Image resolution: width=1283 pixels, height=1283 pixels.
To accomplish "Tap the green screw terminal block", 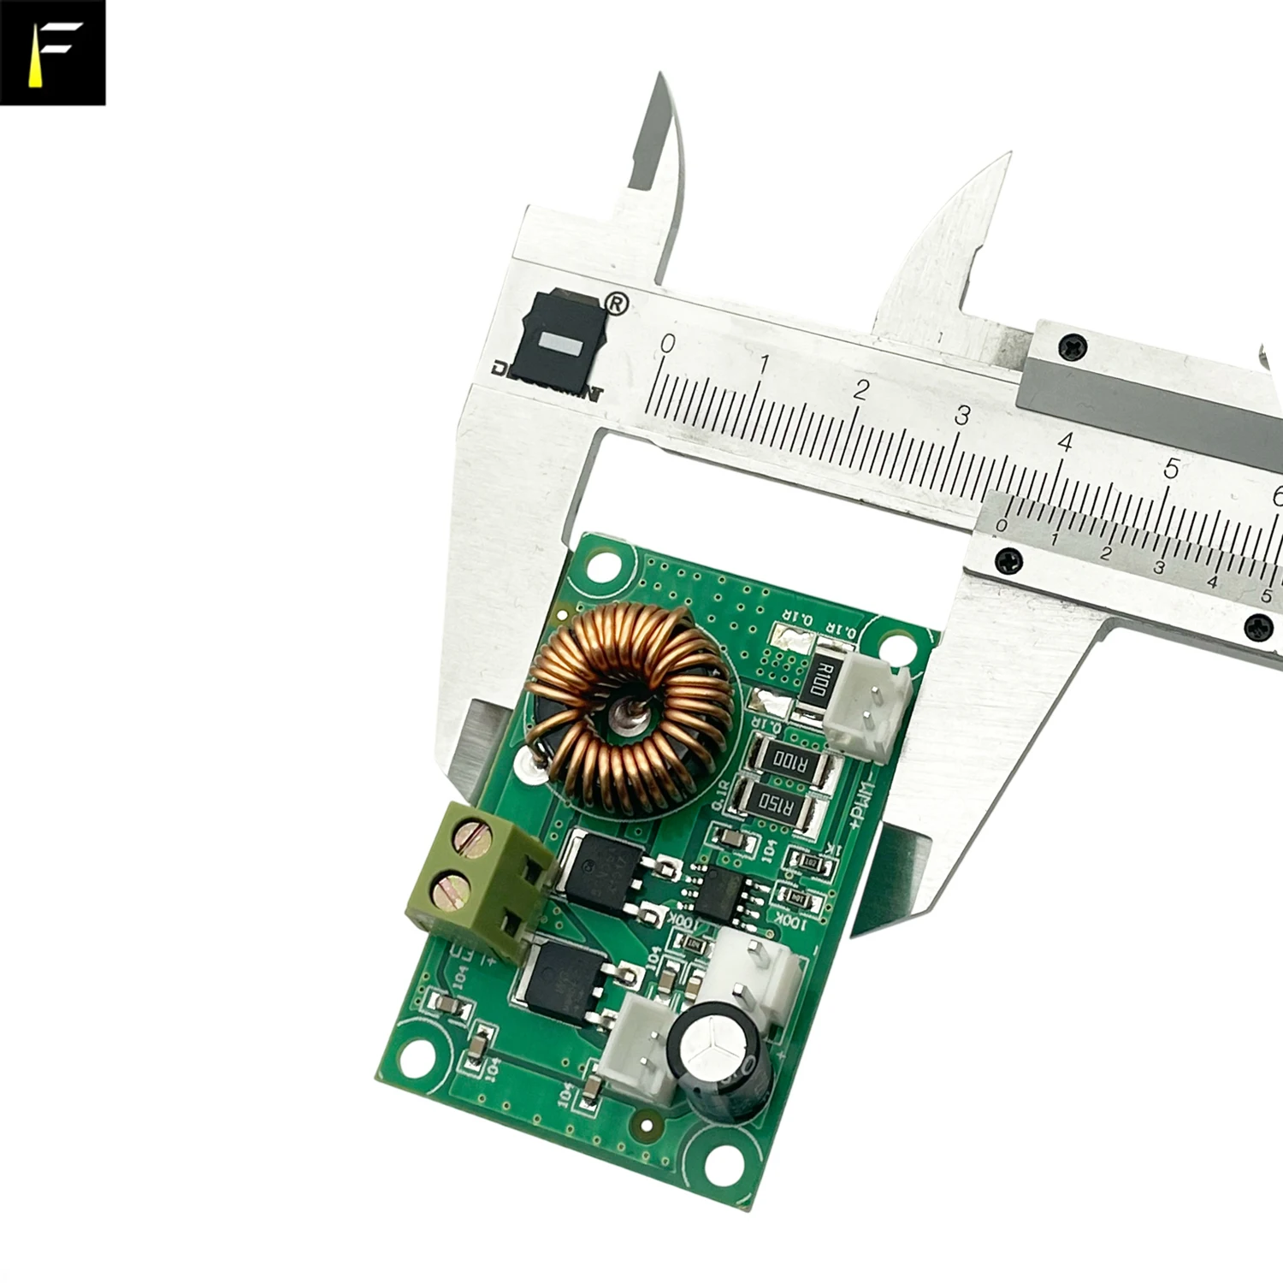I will point(479,881).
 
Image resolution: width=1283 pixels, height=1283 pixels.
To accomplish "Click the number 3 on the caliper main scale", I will point(962,416).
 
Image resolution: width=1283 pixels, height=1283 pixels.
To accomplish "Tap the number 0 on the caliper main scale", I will point(668,344).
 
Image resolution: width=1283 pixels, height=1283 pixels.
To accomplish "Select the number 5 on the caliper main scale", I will point(1171,469).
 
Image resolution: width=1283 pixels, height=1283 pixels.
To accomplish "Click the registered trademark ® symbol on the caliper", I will point(616,304).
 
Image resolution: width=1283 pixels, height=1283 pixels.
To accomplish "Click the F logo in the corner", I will point(53,53).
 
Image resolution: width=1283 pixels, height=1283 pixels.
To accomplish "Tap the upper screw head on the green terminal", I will point(470,834).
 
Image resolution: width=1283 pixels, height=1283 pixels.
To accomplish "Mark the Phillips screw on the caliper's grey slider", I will point(1073,346).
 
